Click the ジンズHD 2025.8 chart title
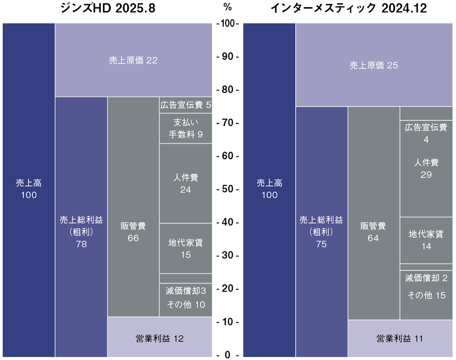click(108, 8)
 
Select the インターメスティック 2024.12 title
click(348, 8)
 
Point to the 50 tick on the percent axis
click(227, 189)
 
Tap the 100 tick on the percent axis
click(227, 24)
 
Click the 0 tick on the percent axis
click(227, 355)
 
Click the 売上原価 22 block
click(133, 60)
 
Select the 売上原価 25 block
click(374, 65)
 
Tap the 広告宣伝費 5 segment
click(185, 105)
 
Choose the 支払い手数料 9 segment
click(185, 128)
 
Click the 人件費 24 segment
click(185, 183)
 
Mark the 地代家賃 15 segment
click(185, 248)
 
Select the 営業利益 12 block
click(160, 338)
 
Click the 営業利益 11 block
click(400, 338)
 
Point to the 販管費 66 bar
click(133, 232)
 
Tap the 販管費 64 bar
click(373, 232)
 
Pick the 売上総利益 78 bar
click(81, 232)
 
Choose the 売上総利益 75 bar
click(321, 232)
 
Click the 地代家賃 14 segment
click(426, 240)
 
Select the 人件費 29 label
click(426, 169)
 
